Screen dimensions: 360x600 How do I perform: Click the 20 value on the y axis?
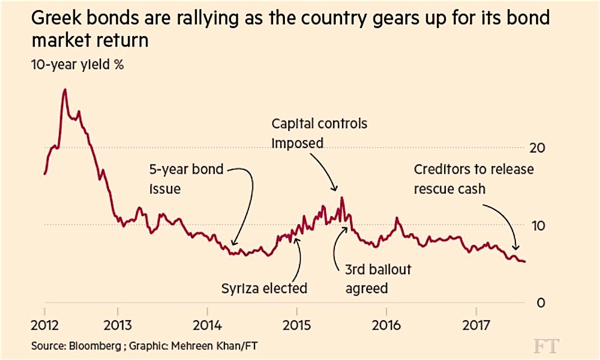[537, 147]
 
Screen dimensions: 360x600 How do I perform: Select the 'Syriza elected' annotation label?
[264, 289]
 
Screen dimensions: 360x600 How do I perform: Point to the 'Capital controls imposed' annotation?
[319, 133]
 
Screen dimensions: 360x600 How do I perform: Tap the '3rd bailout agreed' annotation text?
[378, 279]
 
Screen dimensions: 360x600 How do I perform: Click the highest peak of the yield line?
[65, 90]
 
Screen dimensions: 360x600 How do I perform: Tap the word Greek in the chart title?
[56, 20]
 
